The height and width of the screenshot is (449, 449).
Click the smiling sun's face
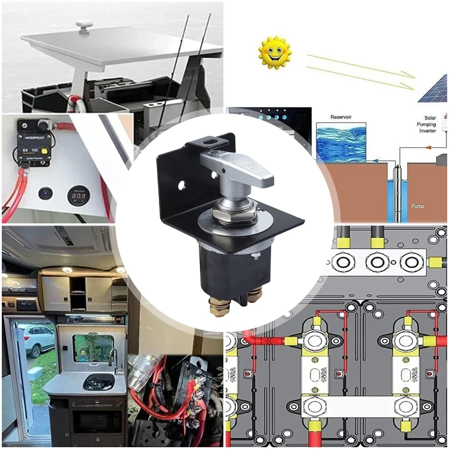[x=275, y=53]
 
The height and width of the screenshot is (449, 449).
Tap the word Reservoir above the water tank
[x=341, y=117]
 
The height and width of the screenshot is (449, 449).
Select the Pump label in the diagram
[x=417, y=206]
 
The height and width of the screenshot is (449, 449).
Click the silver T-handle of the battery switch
[x=238, y=168]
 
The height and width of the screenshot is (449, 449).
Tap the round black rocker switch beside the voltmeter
[x=45, y=193]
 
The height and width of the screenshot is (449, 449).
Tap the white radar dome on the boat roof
[x=84, y=24]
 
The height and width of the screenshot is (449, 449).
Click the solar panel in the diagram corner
[x=434, y=90]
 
